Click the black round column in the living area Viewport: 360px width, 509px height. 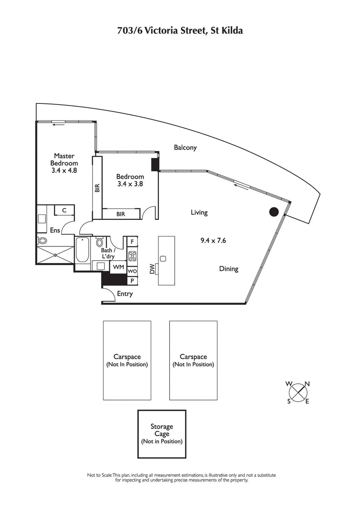[x=274, y=212]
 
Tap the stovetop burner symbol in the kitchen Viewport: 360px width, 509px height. [x=133, y=256]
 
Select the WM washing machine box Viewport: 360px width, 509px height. [x=118, y=267]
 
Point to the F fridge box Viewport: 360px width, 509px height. [x=132, y=242]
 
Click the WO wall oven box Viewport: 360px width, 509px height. [x=132, y=272]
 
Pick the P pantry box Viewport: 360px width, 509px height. [x=132, y=281]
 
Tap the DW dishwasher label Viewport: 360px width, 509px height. [x=152, y=269]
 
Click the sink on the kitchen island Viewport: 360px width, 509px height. [x=163, y=259]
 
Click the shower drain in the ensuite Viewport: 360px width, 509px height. [x=55, y=255]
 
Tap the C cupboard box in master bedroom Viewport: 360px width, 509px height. [x=64, y=210]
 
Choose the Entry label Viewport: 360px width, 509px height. [x=125, y=294]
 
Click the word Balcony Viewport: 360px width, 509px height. [x=185, y=147]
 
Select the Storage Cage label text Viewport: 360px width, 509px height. [x=162, y=430]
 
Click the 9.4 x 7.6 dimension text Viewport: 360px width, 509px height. [x=213, y=241]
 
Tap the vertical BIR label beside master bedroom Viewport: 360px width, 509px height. [x=97, y=188]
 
